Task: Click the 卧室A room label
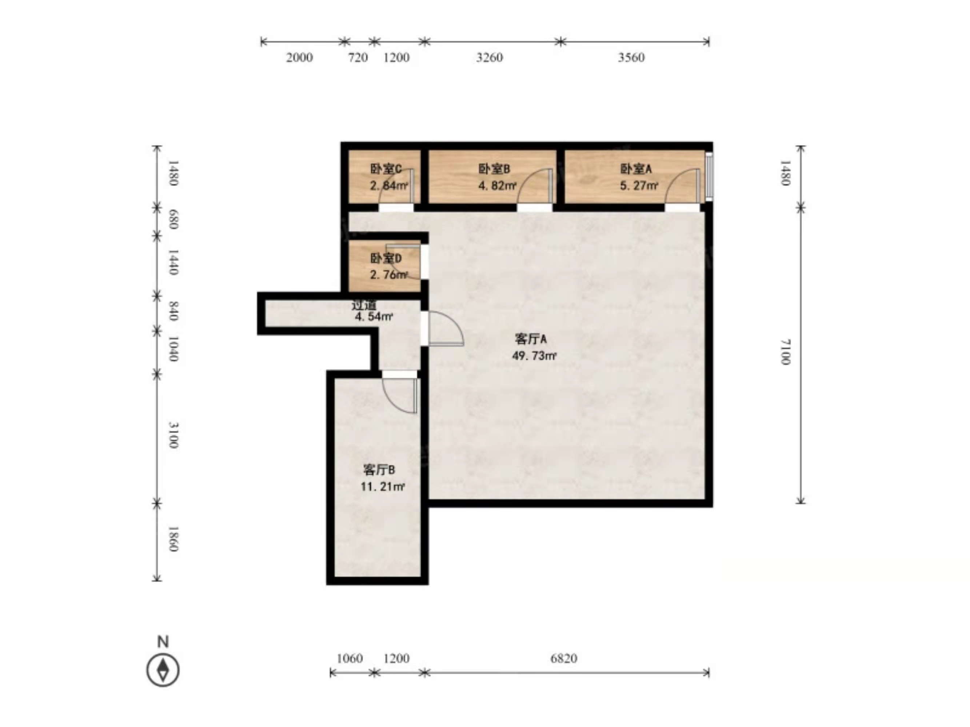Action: [636, 169]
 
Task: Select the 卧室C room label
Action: [386, 169]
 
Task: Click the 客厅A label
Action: [531, 339]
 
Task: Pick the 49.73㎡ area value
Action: [534, 356]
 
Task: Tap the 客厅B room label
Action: [379, 470]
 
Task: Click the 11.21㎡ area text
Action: [382, 486]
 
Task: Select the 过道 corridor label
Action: [364, 305]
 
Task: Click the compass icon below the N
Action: [163, 670]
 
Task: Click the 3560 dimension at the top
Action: [631, 57]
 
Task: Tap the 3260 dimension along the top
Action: [490, 57]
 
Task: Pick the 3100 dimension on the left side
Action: [173, 435]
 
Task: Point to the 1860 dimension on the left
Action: [173, 539]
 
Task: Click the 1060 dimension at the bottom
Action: [350, 658]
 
